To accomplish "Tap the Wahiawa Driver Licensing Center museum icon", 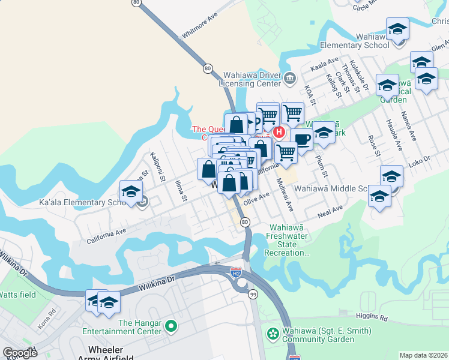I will (x=290, y=77).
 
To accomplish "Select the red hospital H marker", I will (x=279, y=131).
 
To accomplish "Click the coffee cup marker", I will (x=302, y=139).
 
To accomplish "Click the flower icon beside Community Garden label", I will (x=273, y=332).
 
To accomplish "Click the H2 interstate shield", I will (x=237, y=271).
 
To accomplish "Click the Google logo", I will (x=20, y=353).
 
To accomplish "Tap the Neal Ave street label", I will (x=330, y=211).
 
